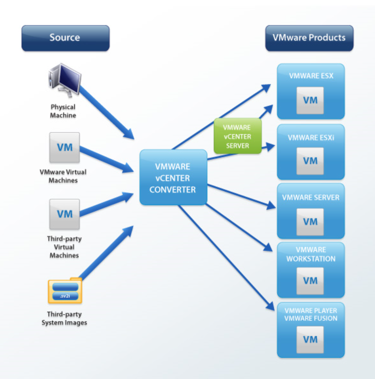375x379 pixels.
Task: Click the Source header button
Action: coord(65,38)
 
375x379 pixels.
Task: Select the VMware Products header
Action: coord(309,38)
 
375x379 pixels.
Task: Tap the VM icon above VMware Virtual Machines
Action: coord(65,147)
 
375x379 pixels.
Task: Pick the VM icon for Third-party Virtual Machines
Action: coord(65,214)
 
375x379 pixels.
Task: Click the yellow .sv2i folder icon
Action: coord(65,291)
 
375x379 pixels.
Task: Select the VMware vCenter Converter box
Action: coord(173,178)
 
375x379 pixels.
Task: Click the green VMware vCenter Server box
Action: coord(237,136)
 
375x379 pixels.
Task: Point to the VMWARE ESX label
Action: coord(311,76)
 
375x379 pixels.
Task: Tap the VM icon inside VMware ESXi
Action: coord(310,161)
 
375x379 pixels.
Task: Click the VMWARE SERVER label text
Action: coord(310,197)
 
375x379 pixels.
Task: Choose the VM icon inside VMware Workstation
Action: coord(310,281)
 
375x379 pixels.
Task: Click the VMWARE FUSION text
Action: coord(311,319)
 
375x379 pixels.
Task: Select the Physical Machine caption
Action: coord(63,111)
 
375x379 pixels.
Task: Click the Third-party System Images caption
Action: coord(64,318)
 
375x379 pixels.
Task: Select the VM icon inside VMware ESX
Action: coord(310,100)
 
